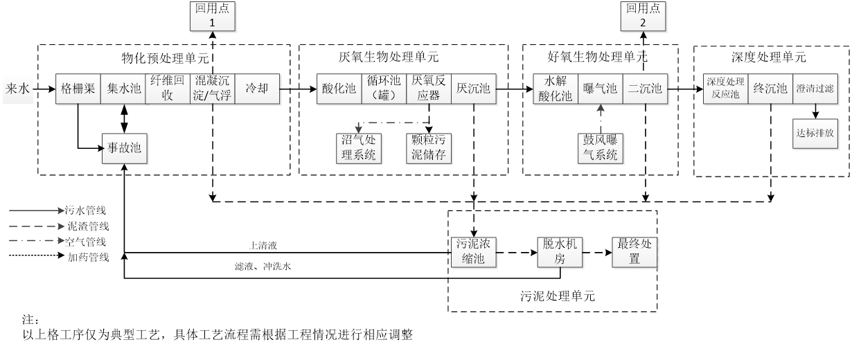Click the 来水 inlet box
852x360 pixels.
pyautogui.click(x=19, y=89)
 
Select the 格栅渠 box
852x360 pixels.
pyautogui.click(x=78, y=89)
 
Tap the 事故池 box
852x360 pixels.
pyautogui.click(x=124, y=147)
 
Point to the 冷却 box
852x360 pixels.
pyautogui.click(x=257, y=89)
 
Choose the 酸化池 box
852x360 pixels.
pyautogui.click(x=339, y=89)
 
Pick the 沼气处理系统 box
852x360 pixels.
pyautogui.click(x=358, y=147)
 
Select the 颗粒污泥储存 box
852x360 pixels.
pyautogui.click(x=429, y=147)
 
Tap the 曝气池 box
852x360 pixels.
pyautogui.click(x=600, y=89)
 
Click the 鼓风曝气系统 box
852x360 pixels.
pyautogui.click(x=600, y=147)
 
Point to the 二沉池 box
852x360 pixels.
pyautogui.click(x=645, y=89)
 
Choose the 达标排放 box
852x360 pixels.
pyautogui.click(x=815, y=133)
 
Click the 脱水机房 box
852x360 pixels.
pyautogui.click(x=558, y=252)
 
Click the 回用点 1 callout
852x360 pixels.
pyautogui.click(x=213, y=15)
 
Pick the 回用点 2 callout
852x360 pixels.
pyautogui.click(x=643, y=15)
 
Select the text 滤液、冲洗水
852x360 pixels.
pyautogui.click(x=263, y=267)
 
